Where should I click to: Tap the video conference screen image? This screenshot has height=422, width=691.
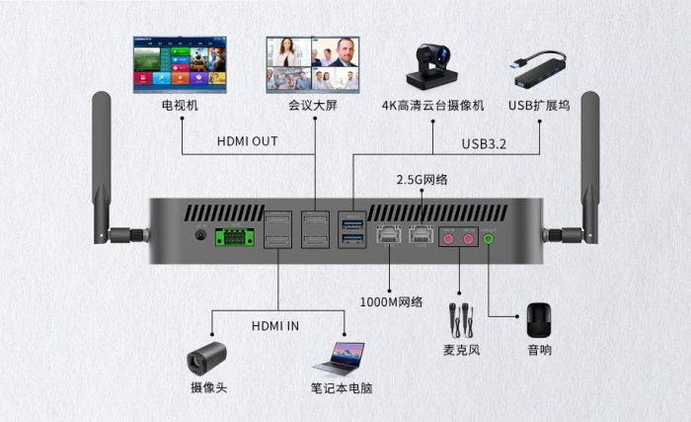[312, 64]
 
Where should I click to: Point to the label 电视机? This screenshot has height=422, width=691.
[180, 106]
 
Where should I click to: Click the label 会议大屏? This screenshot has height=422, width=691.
[313, 106]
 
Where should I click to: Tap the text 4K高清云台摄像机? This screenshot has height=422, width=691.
[434, 106]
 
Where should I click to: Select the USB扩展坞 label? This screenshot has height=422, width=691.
[539, 106]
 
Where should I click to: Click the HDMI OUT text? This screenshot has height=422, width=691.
[247, 141]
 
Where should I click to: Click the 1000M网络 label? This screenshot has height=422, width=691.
[391, 301]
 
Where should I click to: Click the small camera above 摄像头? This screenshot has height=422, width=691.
[208, 354]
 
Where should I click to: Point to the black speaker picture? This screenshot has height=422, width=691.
[539, 319]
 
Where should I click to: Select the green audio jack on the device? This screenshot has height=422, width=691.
[490, 238]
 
